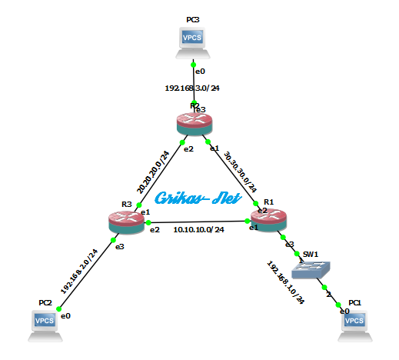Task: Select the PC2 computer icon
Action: click(x=45, y=323)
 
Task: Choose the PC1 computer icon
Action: click(x=354, y=322)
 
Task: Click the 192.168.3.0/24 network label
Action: click(x=192, y=88)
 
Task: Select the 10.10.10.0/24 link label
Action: click(x=198, y=229)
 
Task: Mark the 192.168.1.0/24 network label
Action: click(x=285, y=282)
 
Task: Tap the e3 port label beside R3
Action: click(x=119, y=246)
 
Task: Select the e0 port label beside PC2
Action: click(x=65, y=316)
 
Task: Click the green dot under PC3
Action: click(x=194, y=64)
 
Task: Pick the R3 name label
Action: click(x=127, y=205)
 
